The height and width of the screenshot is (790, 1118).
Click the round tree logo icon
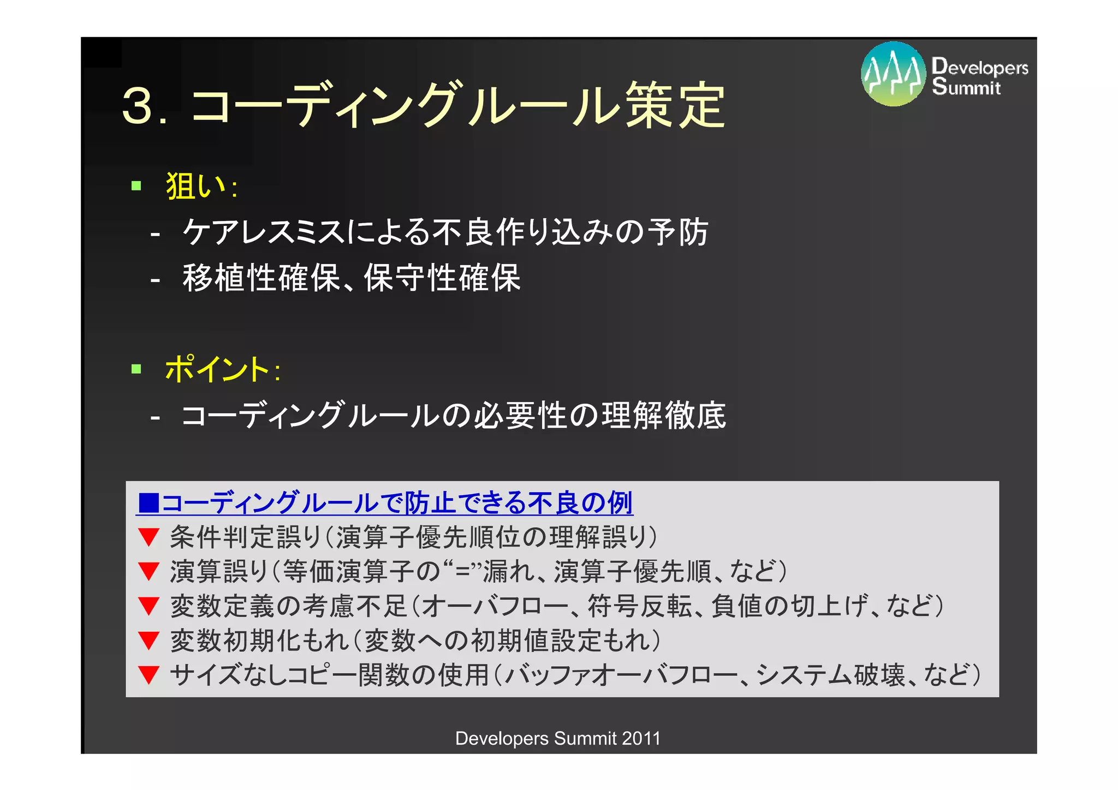click(x=893, y=74)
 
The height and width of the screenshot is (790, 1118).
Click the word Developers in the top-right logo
click(x=980, y=67)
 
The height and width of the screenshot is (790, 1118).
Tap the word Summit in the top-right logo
click(x=966, y=87)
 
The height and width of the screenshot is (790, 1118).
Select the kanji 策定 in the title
click(x=675, y=105)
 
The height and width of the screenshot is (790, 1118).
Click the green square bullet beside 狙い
click(x=136, y=186)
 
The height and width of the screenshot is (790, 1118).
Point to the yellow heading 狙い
click(x=195, y=186)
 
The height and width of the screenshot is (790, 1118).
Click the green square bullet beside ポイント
click(x=136, y=369)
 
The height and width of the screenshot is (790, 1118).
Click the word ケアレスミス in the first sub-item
click(x=264, y=232)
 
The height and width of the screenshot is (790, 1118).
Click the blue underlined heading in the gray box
click(x=385, y=502)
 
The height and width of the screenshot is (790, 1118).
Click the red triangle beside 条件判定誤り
click(x=148, y=537)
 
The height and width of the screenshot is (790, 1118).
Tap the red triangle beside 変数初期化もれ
click(x=148, y=641)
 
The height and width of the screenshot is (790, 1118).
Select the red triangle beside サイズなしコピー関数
click(x=148, y=675)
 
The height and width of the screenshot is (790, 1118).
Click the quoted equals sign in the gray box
click(x=463, y=571)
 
